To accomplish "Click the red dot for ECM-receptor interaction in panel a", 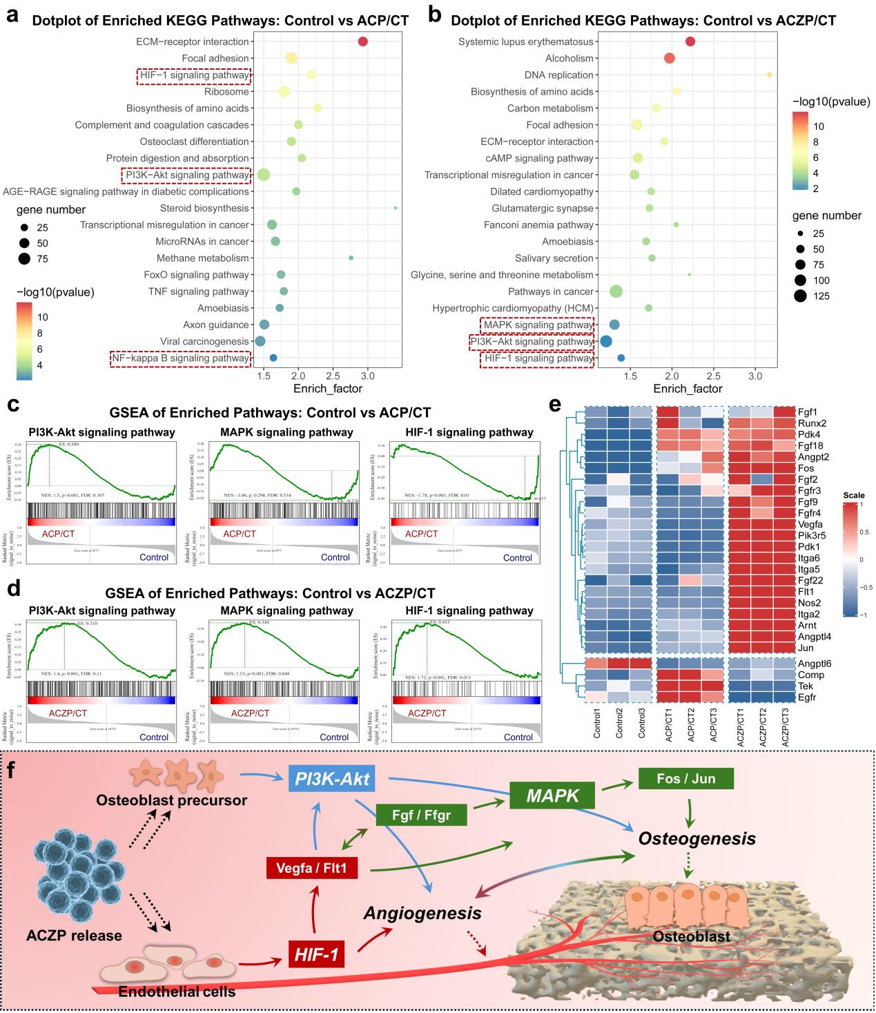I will point(363,42).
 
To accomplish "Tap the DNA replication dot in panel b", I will point(769,75).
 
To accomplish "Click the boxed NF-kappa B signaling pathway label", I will point(180,358).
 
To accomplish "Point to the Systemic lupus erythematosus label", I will point(526,42).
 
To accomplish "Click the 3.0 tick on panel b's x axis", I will point(756,376).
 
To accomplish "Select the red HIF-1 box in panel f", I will point(316,955).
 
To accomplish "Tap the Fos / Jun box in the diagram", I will point(685,779).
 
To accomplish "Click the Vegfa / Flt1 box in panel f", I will point(312,867).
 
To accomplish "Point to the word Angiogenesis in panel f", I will point(422,913).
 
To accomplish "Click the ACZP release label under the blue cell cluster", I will point(74,936).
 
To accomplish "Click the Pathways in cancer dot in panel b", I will point(616,291).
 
